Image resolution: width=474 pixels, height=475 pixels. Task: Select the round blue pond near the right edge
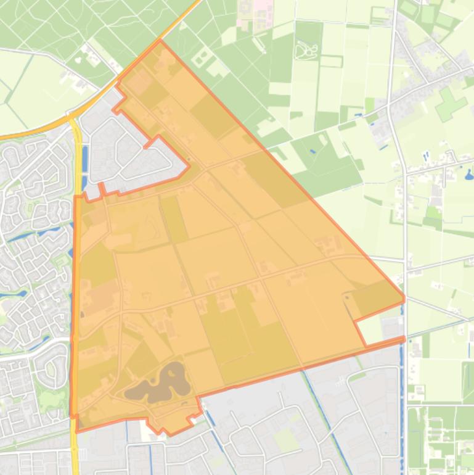coord(470,173)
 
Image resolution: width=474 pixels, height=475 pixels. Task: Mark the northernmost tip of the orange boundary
coord(160,41)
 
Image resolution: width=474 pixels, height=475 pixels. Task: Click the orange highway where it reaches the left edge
coord(3,136)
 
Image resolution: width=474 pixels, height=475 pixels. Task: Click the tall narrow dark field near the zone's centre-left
coord(174,219)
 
